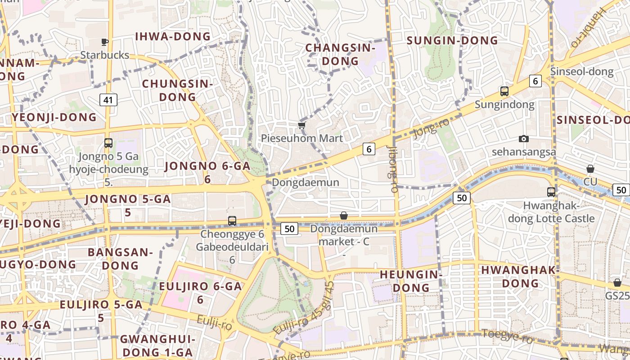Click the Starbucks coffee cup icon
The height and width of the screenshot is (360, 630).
pyautogui.click(x=104, y=42)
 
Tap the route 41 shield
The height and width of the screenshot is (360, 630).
pyautogui.click(x=108, y=100)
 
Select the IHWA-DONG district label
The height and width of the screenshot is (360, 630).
pyautogui.click(x=173, y=36)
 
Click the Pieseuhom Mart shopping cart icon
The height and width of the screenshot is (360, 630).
pyautogui.click(x=301, y=125)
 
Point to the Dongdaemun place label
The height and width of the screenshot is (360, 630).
pyautogui.click(x=305, y=183)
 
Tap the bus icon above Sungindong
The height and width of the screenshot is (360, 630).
pyautogui.click(x=504, y=91)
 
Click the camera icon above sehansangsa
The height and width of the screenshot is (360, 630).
pyautogui.click(x=523, y=139)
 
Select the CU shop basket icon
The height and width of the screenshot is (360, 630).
pyautogui.click(x=590, y=169)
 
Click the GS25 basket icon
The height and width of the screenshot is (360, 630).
pyautogui.click(x=617, y=283)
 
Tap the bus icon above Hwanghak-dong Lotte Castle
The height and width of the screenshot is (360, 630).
pyautogui.click(x=551, y=192)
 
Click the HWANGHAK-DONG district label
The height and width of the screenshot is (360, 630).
pyautogui.click(x=520, y=277)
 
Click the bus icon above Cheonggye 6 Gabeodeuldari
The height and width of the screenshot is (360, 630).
pyautogui.click(x=232, y=220)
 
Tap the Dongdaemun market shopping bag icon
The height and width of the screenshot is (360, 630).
pyautogui.click(x=344, y=216)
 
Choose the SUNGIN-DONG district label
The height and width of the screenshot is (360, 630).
pyautogui.click(x=452, y=40)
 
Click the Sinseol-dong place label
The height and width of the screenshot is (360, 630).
pyautogui.click(x=581, y=72)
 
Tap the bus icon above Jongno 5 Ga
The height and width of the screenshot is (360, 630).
pyautogui.click(x=108, y=143)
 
